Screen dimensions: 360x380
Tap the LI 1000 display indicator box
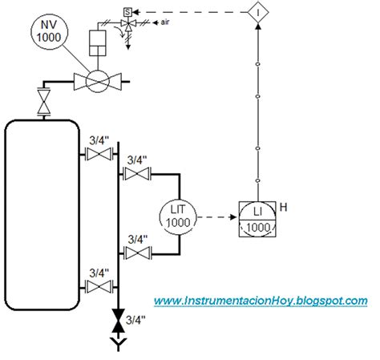point(257,218)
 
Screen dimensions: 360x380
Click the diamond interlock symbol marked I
point(257,12)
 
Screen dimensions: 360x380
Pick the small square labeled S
point(126,11)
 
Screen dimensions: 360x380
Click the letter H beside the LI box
point(284,208)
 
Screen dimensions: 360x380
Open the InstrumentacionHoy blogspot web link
point(261,300)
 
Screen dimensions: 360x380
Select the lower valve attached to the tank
point(98,287)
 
